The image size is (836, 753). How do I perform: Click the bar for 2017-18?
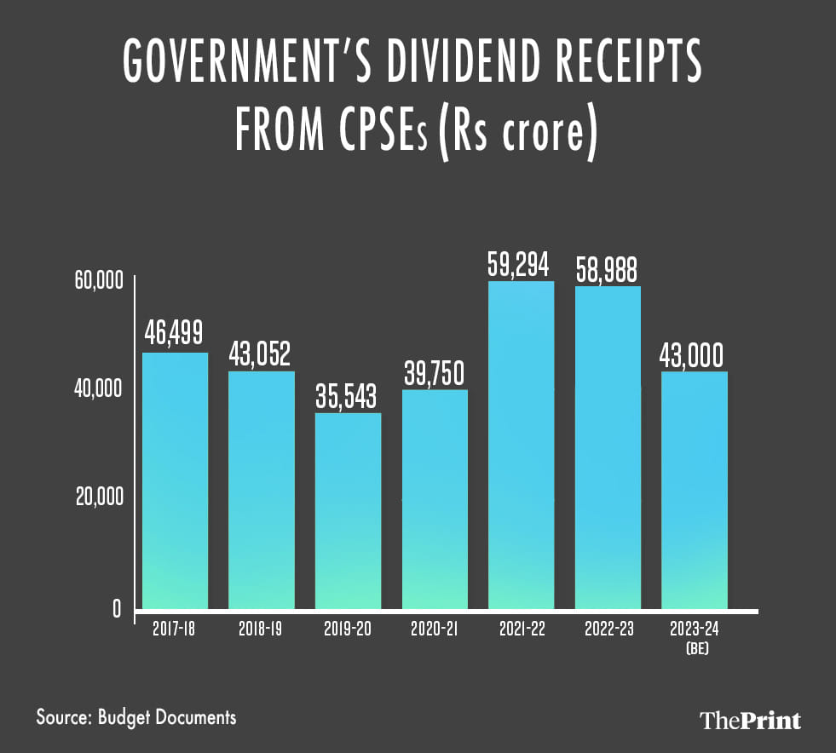click(x=175, y=481)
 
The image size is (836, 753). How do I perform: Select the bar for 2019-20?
click(x=348, y=511)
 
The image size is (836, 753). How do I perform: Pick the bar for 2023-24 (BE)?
click(x=695, y=490)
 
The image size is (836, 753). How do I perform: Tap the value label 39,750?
click(x=434, y=372)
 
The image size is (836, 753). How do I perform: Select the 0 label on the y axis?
click(x=116, y=609)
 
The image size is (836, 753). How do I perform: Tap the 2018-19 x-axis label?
click(x=261, y=630)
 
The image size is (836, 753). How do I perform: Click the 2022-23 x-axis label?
click(x=608, y=630)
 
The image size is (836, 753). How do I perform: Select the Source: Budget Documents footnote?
click(x=136, y=716)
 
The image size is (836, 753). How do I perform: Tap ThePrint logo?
click(x=750, y=721)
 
